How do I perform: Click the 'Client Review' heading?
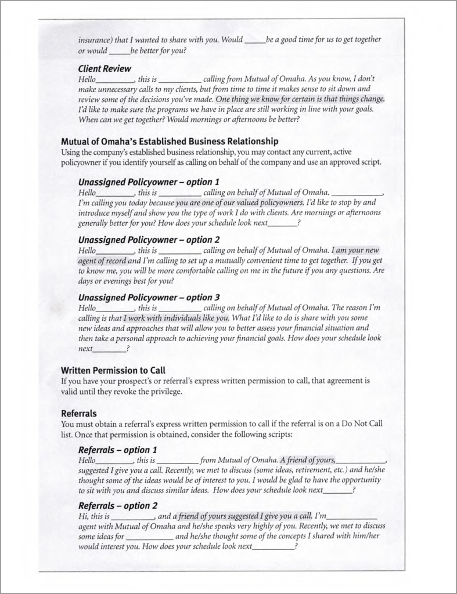point(105,68)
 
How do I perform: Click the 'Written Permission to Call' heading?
point(113,370)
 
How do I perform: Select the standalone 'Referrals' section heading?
point(79,414)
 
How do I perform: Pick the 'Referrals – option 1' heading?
point(118,450)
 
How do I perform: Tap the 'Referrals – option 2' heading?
point(118,505)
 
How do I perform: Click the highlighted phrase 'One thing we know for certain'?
point(269,99)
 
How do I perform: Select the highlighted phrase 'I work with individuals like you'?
point(177,318)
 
